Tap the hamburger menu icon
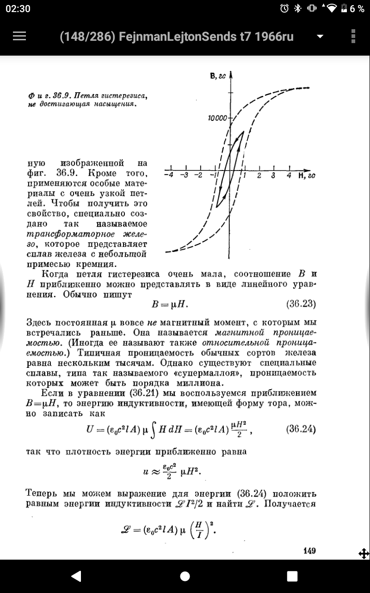click(x=19, y=37)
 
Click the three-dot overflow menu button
click(x=353, y=37)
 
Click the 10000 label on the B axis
click(x=217, y=119)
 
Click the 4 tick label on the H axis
click(x=289, y=176)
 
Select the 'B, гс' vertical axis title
click(x=217, y=76)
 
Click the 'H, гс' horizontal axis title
click(x=307, y=176)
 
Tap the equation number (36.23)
click(x=301, y=304)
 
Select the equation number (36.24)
click(x=301, y=429)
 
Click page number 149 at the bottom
click(x=309, y=550)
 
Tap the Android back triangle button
click(x=76, y=576)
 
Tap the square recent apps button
click(x=292, y=576)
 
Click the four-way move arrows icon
click(x=364, y=553)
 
